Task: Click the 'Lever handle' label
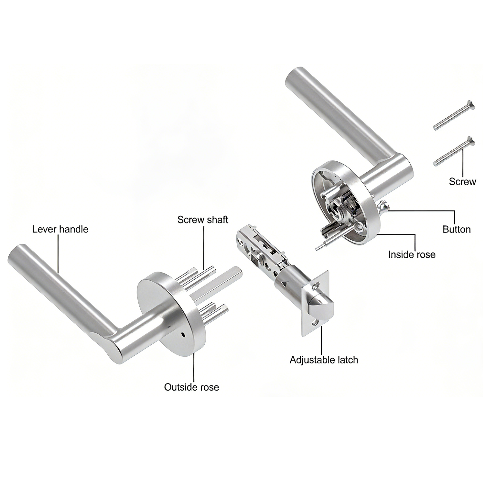pyautogui.click(x=60, y=229)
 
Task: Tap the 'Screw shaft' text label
pyautogui.click(x=203, y=220)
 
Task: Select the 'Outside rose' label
pyautogui.click(x=191, y=387)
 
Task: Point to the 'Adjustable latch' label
pyautogui.click(x=324, y=360)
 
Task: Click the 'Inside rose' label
pyautogui.click(x=412, y=254)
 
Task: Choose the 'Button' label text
pyautogui.click(x=457, y=229)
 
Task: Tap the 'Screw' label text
pyautogui.click(x=462, y=181)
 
